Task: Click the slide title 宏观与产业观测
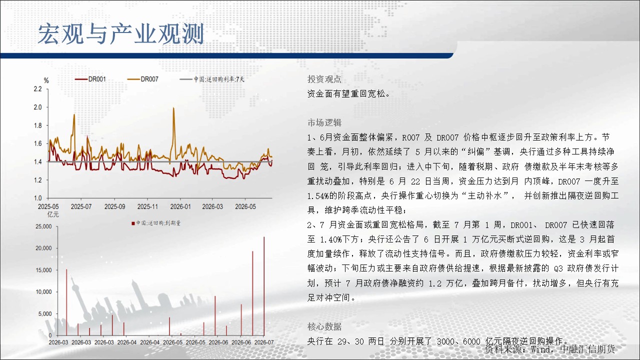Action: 121,34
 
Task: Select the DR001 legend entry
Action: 90,79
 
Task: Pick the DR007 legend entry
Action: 143,79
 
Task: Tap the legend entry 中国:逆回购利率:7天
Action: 212,79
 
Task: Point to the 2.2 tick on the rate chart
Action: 37,89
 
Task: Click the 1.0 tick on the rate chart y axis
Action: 37,198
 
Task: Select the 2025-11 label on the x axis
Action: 147,206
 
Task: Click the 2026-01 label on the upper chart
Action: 180,206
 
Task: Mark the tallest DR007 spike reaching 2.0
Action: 173,108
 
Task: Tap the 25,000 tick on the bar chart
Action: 43,226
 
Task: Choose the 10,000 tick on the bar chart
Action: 43,291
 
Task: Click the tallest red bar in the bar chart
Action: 264,286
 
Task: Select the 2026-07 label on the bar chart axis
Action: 264,342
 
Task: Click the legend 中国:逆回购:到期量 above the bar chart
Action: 156,223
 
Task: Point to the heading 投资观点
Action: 324,79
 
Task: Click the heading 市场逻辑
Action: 324,122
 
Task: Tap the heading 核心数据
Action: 324,326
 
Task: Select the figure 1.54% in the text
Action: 318,196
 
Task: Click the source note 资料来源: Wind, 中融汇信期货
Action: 549,349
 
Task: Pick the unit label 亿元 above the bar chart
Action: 53,214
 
